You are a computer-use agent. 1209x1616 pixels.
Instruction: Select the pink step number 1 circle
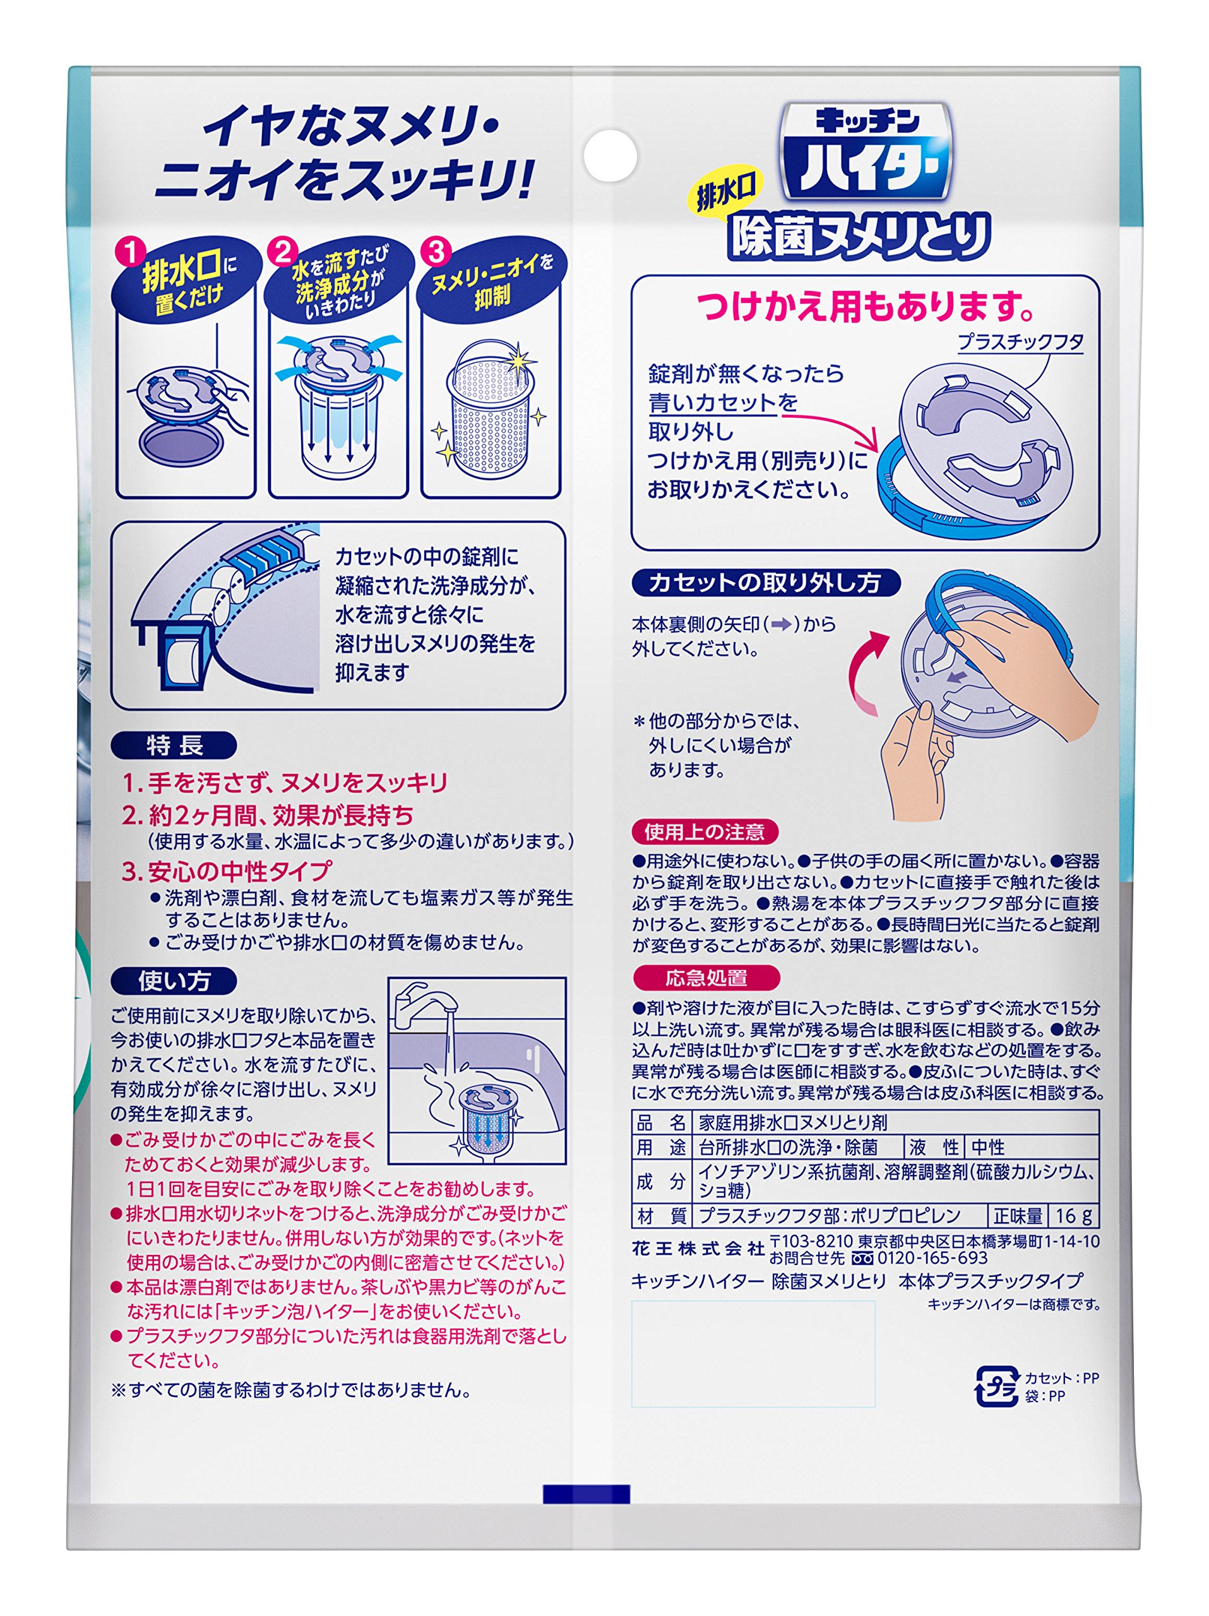coord(131,252)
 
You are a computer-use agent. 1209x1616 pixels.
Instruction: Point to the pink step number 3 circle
coord(436,252)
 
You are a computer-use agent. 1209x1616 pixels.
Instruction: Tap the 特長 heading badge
coord(174,745)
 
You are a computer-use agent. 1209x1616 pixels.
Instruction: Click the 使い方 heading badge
coord(174,980)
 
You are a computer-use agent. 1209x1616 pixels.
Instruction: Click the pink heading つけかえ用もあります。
coord(866,306)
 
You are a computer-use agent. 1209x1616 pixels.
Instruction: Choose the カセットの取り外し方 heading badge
coord(765,582)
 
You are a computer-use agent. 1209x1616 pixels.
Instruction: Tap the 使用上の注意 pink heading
coord(705,832)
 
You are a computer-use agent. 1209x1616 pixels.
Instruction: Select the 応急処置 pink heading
coord(706,977)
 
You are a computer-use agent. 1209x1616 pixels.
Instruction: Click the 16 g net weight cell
coord(1074,1216)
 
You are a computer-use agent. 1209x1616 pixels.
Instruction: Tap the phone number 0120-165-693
coord(932,1258)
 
